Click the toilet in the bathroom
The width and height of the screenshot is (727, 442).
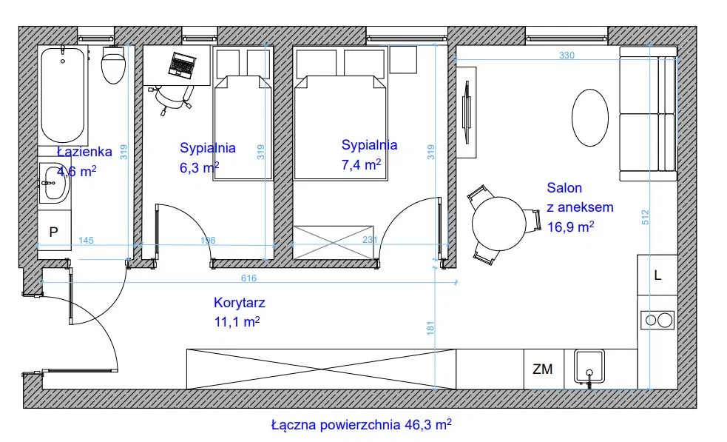click(114, 65)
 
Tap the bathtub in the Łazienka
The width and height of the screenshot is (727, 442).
click(63, 96)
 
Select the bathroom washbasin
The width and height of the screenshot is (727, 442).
click(54, 183)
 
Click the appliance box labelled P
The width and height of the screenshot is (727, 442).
click(54, 231)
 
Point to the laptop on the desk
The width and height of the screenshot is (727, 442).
click(182, 65)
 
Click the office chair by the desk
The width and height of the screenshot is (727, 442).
click(174, 98)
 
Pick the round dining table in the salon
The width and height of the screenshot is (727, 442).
click(499, 224)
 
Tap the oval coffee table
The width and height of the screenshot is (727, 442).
click(589, 118)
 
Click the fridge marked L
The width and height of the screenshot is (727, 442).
click(657, 275)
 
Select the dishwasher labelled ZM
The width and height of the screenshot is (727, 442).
click(542, 369)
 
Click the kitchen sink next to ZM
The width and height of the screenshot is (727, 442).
click(589, 366)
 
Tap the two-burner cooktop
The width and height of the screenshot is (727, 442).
click(657, 320)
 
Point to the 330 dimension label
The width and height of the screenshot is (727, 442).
click(567, 56)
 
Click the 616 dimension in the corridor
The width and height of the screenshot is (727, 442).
click(248, 278)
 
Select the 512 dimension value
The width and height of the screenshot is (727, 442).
click(645, 218)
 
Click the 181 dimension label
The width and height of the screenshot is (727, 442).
click(430, 328)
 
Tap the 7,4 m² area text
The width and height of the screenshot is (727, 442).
click(361, 164)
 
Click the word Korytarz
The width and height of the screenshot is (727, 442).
click(239, 303)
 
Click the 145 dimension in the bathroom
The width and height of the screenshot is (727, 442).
click(86, 241)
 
